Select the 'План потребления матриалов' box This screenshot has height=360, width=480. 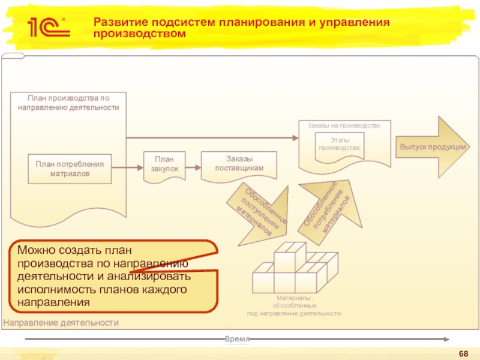click(x=70, y=169)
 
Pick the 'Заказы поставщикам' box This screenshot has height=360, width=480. click(x=239, y=164)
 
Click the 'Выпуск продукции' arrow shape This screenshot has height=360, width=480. click(x=433, y=148)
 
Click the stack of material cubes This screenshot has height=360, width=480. click(x=294, y=271)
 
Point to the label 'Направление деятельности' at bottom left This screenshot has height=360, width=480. click(x=61, y=323)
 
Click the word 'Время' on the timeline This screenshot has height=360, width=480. click(x=237, y=339)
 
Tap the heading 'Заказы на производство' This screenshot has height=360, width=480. click(x=344, y=125)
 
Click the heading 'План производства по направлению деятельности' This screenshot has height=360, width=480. click(x=68, y=102)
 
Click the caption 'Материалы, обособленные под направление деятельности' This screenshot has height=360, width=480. click(x=294, y=305)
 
